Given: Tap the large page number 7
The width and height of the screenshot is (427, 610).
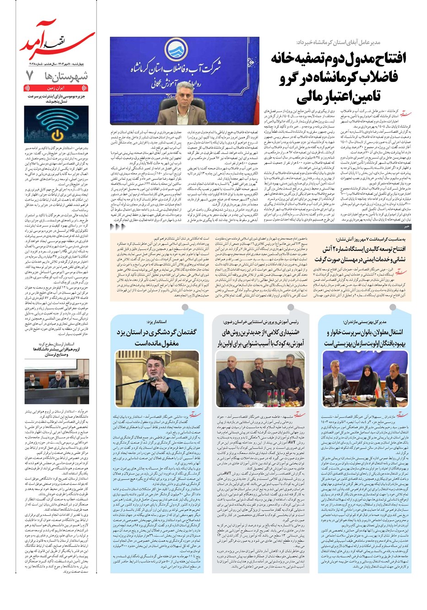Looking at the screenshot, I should click(29, 76).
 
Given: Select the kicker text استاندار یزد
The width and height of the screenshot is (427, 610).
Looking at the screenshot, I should click(151, 323).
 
